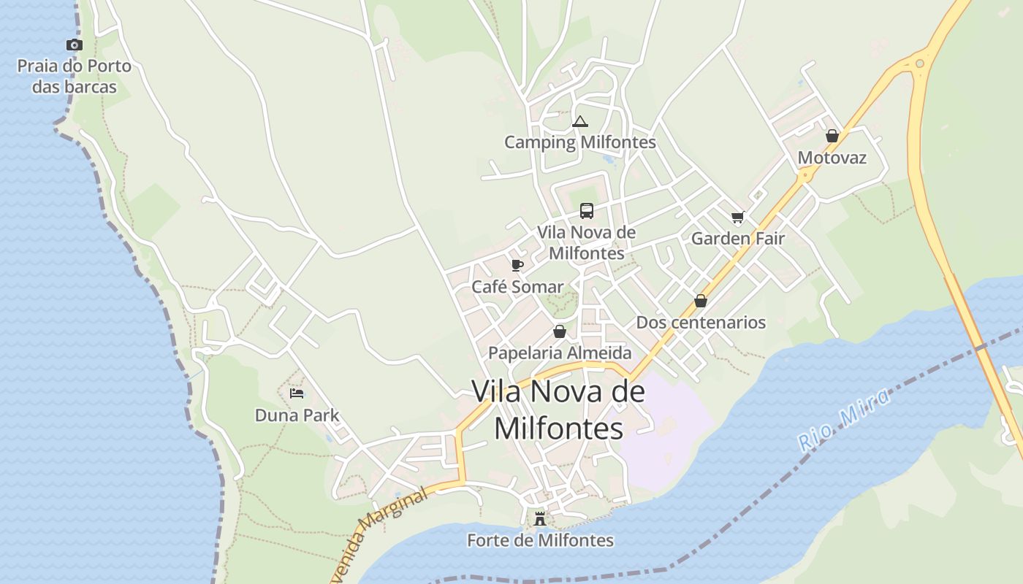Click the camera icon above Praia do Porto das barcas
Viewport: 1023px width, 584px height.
click(74, 45)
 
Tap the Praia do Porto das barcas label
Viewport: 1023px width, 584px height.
click(75, 77)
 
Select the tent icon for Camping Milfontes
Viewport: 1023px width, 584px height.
click(580, 121)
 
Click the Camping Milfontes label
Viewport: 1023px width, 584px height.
click(580, 142)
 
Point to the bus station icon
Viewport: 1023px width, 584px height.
click(586, 211)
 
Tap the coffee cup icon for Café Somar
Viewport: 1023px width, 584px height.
click(517, 265)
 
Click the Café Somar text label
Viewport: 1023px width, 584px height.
click(517, 287)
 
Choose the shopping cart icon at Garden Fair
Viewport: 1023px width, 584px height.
click(737, 217)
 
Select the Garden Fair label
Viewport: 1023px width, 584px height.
click(737, 239)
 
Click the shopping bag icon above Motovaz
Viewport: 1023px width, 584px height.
click(832, 136)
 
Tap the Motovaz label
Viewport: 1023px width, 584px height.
click(832, 158)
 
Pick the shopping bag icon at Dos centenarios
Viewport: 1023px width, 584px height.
click(701, 301)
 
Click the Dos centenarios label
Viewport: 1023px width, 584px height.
click(701, 323)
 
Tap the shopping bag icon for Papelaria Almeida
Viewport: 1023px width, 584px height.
click(560, 331)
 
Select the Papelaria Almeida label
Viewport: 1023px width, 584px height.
click(560, 353)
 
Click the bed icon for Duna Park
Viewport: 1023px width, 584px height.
click(297, 393)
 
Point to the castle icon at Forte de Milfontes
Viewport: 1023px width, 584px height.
click(540, 518)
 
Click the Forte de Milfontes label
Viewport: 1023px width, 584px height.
click(540, 541)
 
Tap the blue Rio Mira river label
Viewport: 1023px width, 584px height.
click(844, 419)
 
